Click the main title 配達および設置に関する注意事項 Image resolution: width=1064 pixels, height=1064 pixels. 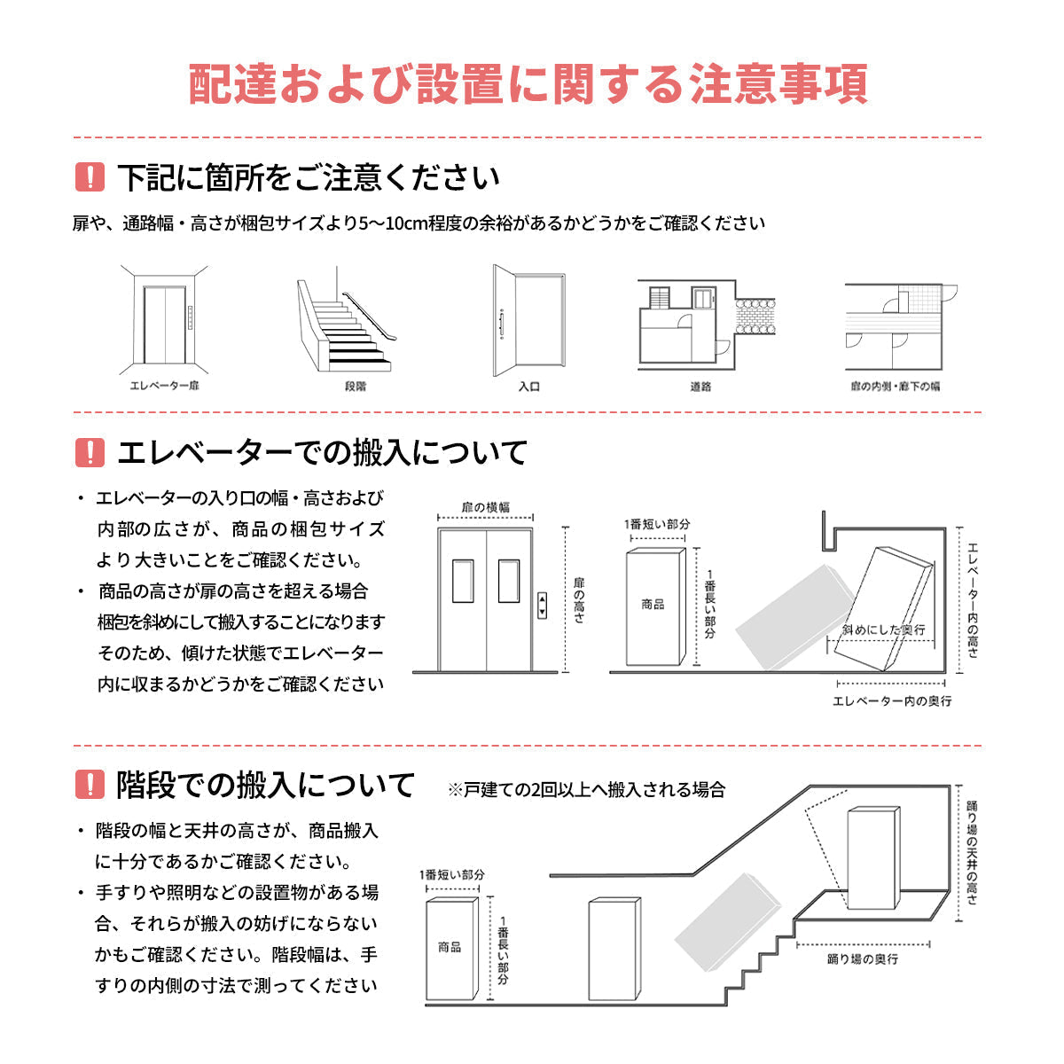pos(528,84)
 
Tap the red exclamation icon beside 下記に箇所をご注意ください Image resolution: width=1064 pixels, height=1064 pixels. pos(90,177)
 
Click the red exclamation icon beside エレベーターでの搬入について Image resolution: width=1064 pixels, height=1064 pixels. pos(90,452)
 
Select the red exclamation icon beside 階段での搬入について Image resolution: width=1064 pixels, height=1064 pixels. pos(90,785)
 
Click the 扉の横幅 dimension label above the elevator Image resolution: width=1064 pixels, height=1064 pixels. pos(486,508)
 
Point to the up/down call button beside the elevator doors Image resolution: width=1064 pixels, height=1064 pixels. pos(543,606)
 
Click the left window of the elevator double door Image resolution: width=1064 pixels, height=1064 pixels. pos(464,581)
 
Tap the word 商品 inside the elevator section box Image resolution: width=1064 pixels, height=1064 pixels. pos(653,605)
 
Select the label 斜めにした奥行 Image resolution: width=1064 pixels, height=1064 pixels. pos(883,630)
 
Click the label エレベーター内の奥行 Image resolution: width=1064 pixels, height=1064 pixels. pos(892,701)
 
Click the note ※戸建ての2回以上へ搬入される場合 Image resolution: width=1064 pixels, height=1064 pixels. pos(586,789)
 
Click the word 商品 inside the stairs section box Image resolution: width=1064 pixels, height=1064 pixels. pos(450,947)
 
